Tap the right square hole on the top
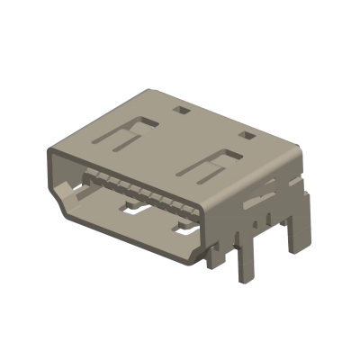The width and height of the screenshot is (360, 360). pos(245,136)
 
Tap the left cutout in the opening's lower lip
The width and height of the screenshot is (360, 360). pos(134,212)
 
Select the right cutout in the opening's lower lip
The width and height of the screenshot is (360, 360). pos(184,230)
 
